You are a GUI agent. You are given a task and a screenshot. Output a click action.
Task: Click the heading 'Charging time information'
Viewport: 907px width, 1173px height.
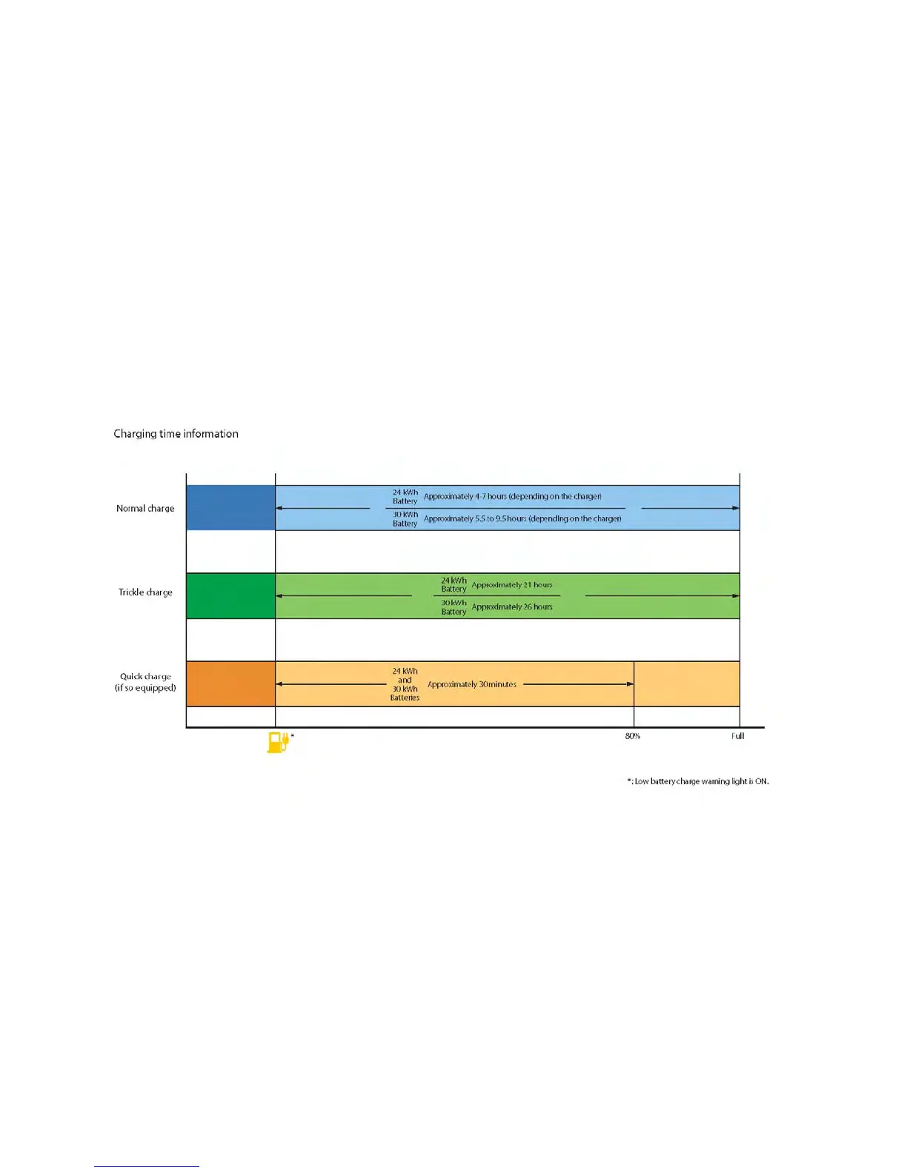(176, 434)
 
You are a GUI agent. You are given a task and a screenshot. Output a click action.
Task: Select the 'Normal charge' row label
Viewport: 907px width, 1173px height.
(145, 509)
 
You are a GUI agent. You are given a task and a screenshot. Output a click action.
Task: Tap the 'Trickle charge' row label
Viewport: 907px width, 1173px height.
(145, 592)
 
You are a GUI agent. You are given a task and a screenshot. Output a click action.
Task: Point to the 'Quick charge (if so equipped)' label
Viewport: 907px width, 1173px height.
(145, 682)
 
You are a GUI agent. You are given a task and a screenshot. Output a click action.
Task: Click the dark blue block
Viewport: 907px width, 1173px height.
(230, 508)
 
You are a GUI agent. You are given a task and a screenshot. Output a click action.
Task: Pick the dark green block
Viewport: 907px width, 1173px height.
(230, 595)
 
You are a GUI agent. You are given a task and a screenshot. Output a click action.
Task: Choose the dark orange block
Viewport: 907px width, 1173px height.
(230, 684)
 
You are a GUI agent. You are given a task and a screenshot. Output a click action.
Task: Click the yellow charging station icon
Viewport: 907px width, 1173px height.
(277, 742)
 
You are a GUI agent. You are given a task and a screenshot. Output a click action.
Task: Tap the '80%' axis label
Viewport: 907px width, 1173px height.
(632, 736)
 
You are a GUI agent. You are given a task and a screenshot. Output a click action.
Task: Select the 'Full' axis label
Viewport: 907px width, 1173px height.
(737, 736)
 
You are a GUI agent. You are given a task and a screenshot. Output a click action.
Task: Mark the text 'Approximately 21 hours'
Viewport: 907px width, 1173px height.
(512, 585)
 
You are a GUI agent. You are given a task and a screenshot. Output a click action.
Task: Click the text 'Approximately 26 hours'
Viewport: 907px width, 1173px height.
(512, 607)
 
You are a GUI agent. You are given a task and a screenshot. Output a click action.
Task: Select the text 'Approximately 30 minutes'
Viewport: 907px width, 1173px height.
(472, 684)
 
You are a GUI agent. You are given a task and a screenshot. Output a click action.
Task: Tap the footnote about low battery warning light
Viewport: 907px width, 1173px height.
(698, 781)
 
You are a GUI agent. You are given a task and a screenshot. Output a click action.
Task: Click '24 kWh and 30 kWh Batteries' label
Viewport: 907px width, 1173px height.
(405, 684)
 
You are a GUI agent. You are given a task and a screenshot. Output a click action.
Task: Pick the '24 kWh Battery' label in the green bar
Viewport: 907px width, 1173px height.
(453, 585)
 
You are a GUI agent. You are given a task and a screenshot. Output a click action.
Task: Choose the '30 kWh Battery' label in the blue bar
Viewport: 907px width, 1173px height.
(405, 519)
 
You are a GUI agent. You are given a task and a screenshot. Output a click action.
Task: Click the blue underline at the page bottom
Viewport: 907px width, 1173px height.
(147, 1166)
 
